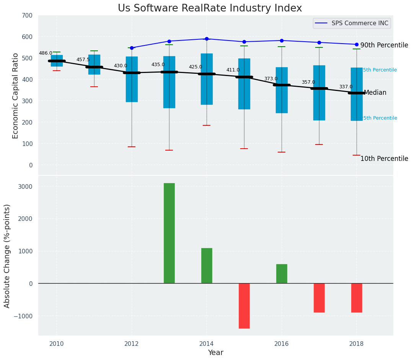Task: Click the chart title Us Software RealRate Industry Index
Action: coord(210,8)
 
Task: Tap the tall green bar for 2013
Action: coord(169,233)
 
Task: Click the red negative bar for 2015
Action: coord(244,306)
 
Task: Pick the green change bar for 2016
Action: coord(282,274)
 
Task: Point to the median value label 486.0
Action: coord(46,53)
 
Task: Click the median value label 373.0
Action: coord(271,79)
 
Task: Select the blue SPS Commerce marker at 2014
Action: coord(207,39)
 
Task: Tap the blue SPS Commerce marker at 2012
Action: coord(132,48)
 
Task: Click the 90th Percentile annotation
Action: coord(384,45)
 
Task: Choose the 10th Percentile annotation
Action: coord(384,159)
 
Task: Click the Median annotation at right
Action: coord(375,93)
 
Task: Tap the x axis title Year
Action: coord(215,353)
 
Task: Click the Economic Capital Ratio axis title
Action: coord(16,96)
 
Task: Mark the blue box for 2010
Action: coord(57,60)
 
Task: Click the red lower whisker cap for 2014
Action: coord(207,125)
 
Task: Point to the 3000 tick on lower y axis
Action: coord(25,186)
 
